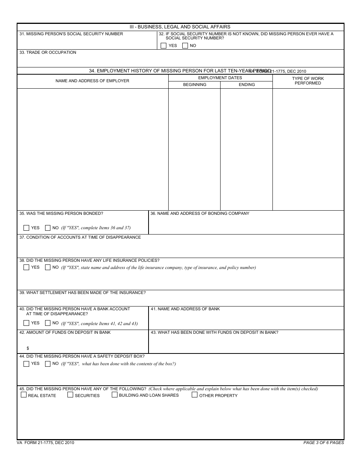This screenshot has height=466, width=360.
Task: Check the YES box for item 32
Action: tap(163, 45)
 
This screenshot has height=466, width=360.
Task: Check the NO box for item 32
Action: tap(185, 45)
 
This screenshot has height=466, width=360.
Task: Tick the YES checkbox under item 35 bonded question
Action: tap(26, 228)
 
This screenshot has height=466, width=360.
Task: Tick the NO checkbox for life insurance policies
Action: tap(48, 267)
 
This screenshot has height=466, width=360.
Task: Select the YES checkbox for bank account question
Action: tap(26, 323)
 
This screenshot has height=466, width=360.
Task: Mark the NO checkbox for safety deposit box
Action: tap(48, 364)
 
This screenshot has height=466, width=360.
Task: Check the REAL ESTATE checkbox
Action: tap(24, 395)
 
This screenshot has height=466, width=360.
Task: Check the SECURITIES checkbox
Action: tap(70, 395)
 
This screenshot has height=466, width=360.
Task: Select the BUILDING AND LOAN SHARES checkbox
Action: tap(114, 395)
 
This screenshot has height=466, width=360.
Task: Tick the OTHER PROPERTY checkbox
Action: tap(194, 395)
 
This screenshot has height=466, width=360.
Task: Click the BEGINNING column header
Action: tap(194, 85)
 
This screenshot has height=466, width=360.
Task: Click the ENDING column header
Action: tap(247, 85)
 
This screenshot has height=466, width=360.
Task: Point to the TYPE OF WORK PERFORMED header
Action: tap(308, 81)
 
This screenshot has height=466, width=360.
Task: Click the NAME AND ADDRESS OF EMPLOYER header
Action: tap(92, 81)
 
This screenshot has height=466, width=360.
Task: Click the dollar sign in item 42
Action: tap(28, 348)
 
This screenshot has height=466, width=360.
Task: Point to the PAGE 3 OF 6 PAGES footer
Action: tap(324, 443)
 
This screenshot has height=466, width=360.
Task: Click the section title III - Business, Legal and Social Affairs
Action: tap(180, 27)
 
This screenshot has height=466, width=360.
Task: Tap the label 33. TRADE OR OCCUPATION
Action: tap(48, 53)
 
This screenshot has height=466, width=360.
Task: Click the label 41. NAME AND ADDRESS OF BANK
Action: tap(185, 309)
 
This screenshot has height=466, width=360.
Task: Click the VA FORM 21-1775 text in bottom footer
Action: tap(45, 443)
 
